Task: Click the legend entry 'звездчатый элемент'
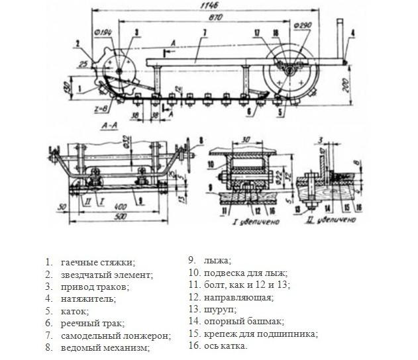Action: coord(106,274)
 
